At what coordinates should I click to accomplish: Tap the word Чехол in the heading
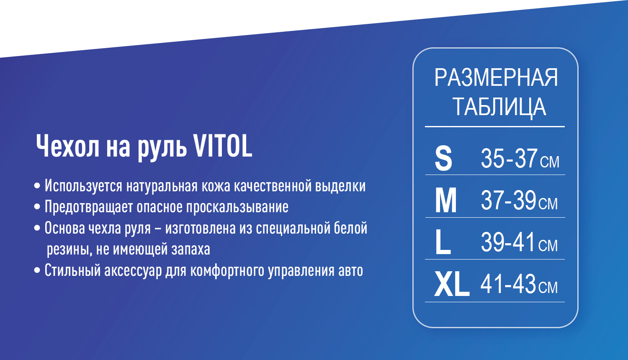[x=68, y=147]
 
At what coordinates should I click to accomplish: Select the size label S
[x=443, y=158]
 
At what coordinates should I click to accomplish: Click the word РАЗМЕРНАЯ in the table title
[x=496, y=78]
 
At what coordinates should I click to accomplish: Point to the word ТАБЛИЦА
[x=499, y=107]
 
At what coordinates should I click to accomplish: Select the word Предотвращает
[x=89, y=207]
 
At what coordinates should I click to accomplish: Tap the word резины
[x=69, y=250]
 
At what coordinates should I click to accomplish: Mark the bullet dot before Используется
[x=37, y=185]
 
